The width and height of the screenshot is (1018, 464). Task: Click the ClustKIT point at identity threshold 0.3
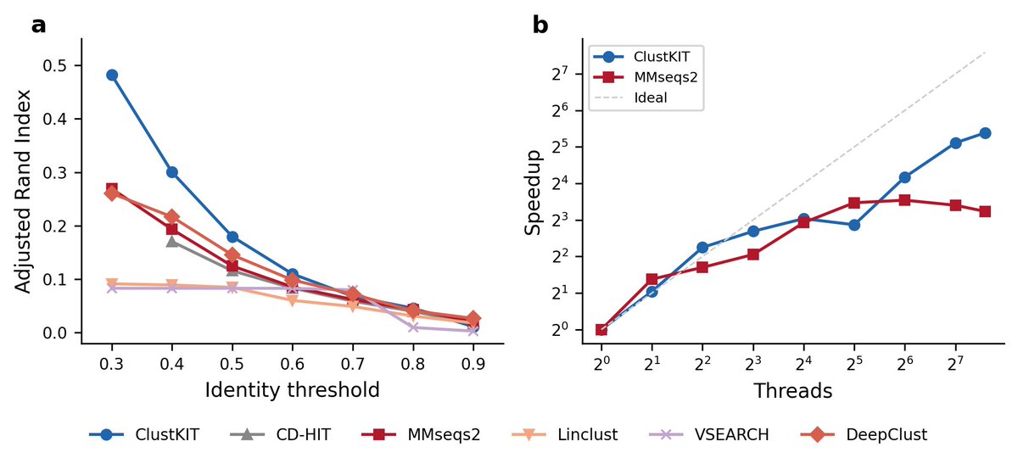tap(112, 75)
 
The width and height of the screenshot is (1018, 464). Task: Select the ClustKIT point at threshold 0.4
tap(172, 172)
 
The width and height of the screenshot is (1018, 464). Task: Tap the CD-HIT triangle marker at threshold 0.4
tap(172, 241)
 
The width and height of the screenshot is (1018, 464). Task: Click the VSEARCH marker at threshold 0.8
tap(412, 327)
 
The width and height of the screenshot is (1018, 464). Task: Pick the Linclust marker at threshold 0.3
tap(112, 283)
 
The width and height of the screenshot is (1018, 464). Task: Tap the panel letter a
tap(38, 25)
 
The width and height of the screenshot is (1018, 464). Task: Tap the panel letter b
tap(540, 25)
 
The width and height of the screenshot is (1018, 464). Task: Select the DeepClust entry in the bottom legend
tap(886, 434)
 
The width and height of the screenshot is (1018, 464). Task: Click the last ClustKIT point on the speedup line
tap(985, 133)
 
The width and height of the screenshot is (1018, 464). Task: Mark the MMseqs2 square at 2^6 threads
tap(905, 200)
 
